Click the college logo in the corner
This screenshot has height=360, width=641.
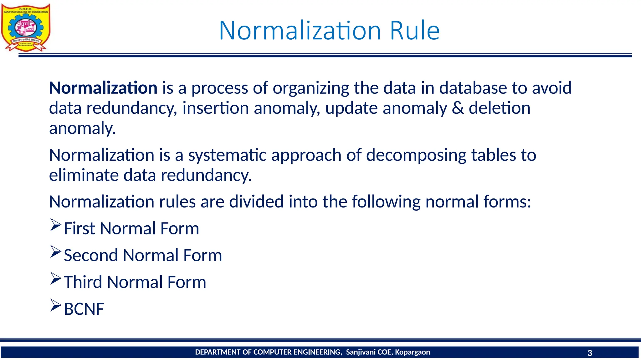[x=26, y=27]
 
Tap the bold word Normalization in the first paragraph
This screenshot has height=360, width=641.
[x=103, y=88]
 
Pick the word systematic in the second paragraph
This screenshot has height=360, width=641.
[x=227, y=155]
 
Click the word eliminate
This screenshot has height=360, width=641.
[x=84, y=175]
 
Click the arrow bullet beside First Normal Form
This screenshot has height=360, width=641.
[x=55, y=225]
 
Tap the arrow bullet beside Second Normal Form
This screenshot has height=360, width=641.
[x=55, y=252]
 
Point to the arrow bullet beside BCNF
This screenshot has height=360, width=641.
[x=55, y=306]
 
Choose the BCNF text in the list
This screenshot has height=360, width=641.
[x=84, y=309]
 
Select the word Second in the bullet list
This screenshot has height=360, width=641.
[x=91, y=255]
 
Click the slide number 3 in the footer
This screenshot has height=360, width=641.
[x=590, y=353]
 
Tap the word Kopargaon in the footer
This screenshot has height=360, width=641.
[x=412, y=352]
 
